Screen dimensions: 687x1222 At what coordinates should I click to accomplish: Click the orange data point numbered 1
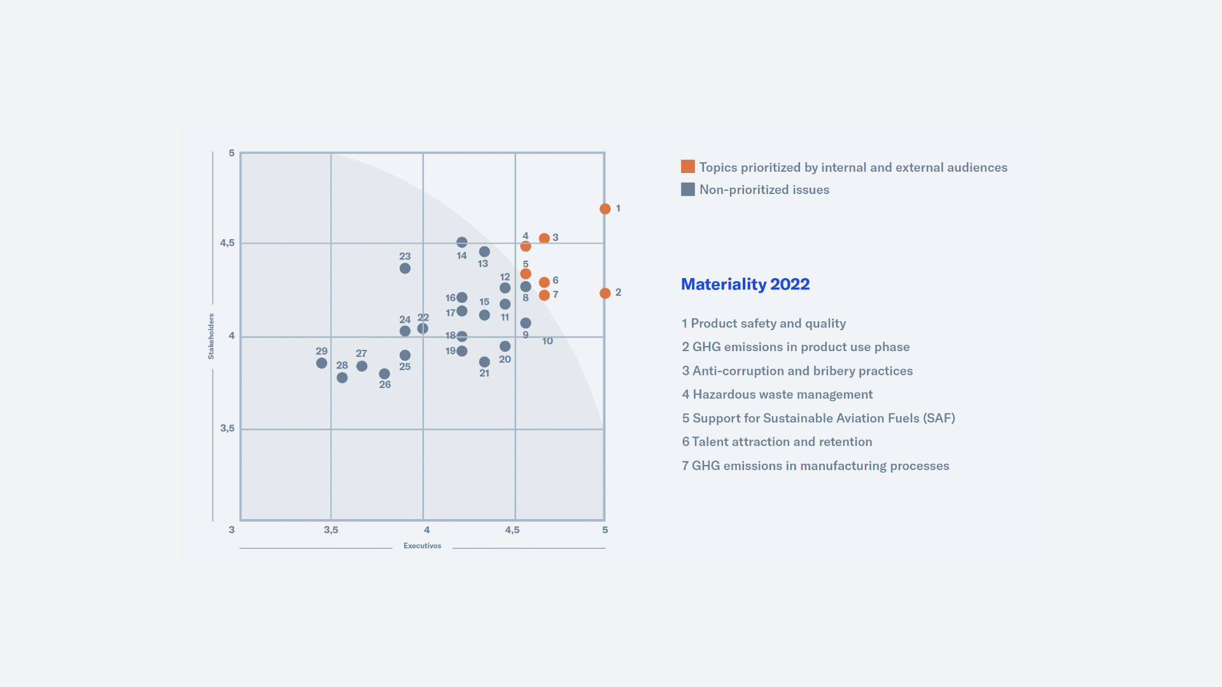pos(605,209)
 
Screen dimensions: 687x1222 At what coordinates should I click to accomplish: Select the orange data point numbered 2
pos(605,293)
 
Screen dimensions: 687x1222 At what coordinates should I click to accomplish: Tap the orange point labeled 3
pos(544,239)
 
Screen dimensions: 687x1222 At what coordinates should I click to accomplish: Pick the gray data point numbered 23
pos(405,268)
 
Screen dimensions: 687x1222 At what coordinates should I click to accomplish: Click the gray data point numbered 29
pos(321,363)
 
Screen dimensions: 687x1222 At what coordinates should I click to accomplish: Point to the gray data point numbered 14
pos(462,242)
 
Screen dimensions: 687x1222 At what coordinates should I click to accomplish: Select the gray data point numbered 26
pos(384,374)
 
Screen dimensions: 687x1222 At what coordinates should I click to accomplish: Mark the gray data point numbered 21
pos(484,362)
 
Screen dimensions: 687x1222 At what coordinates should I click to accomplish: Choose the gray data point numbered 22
pos(423,329)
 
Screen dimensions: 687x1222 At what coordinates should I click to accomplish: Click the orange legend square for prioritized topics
pos(687,167)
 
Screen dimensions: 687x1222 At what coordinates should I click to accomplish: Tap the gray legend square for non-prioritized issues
pos(687,190)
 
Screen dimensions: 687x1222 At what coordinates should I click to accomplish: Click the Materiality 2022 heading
pos(745,284)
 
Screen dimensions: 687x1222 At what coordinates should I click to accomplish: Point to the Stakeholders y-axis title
pos(211,337)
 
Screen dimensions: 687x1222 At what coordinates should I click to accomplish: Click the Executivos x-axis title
pos(422,546)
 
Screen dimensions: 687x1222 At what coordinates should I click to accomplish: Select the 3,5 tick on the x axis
pos(331,530)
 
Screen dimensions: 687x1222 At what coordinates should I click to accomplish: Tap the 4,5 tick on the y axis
pos(227,243)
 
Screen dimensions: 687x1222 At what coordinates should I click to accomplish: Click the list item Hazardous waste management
pos(777,394)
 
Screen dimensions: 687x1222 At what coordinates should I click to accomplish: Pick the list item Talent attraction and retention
pos(776,442)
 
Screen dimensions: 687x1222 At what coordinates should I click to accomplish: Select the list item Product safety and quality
pos(764,323)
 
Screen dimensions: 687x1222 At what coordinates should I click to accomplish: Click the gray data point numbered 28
pos(342,378)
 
